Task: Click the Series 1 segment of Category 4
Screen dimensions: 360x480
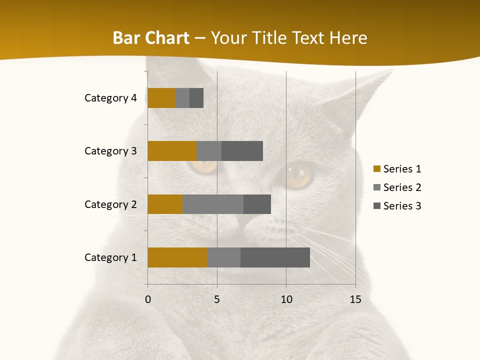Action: click(161, 98)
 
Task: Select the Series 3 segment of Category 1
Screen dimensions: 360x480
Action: click(275, 257)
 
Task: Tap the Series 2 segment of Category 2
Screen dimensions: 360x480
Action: click(213, 204)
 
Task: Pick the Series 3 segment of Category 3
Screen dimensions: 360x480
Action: click(242, 151)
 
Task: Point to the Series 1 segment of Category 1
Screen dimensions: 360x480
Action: click(177, 257)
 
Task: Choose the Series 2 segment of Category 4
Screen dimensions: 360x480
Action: click(182, 98)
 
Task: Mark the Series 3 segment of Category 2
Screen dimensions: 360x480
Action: click(257, 204)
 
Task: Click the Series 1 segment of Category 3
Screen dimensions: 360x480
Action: click(172, 151)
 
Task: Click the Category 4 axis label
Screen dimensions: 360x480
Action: click(110, 98)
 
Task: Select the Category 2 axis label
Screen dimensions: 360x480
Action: click(110, 204)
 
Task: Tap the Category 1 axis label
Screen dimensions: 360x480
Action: click(110, 257)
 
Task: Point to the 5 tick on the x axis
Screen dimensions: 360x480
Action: click(217, 299)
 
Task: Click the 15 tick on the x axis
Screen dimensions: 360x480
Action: click(355, 299)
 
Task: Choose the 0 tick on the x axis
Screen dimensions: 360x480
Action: click(147, 299)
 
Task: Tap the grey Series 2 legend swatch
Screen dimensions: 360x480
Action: click(376, 187)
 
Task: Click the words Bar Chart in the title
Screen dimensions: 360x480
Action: click(151, 38)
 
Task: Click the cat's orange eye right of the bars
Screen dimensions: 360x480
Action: click(298, 173)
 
